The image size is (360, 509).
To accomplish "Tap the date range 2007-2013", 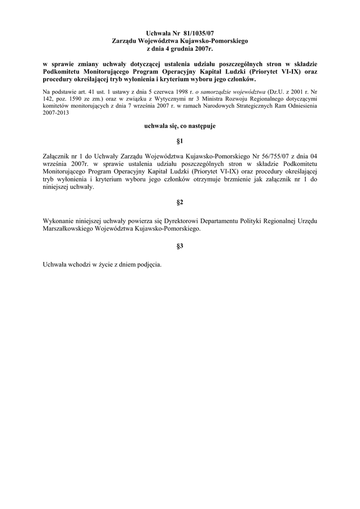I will click(56, 113).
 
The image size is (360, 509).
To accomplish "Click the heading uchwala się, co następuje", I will click(180, 127).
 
